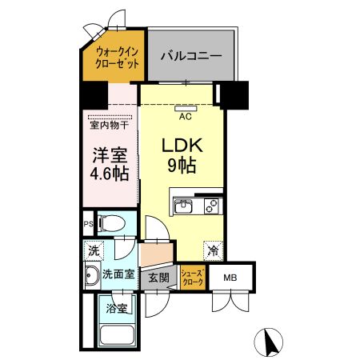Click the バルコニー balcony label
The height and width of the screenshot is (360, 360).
tap(189, 56)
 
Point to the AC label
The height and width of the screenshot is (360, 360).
tap(184, 117)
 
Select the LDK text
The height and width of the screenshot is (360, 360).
tap(184, 147)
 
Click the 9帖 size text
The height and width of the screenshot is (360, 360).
tap(184, 168)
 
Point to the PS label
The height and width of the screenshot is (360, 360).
tap(89, 224)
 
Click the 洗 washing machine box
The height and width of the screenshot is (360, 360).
tap(93, 250)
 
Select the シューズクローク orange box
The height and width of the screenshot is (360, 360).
tap(193, 277)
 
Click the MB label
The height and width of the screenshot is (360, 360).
tap(230, 278)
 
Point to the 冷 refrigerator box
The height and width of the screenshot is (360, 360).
tap(214, 250)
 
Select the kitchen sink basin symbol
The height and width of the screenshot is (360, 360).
tap(183, 207)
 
